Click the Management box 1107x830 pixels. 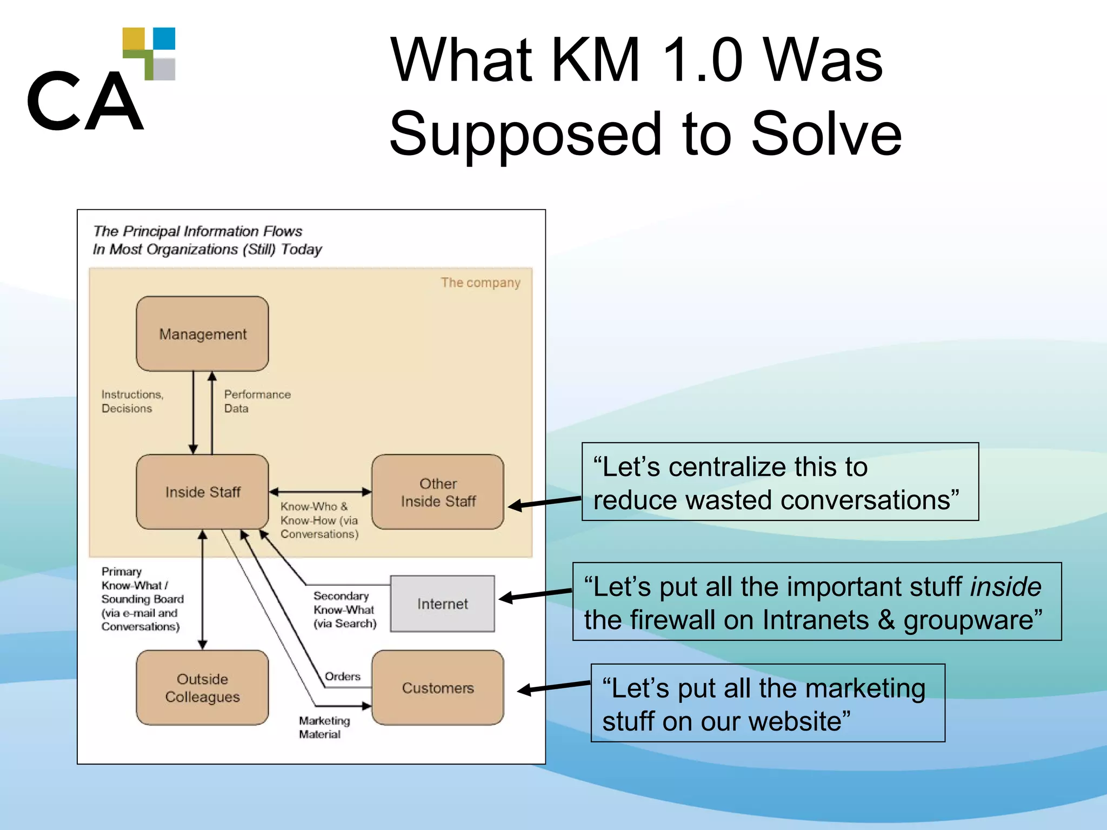(x=202, y=333)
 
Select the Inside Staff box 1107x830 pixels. (x=202, y=492)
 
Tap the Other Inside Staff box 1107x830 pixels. (x=438, y=492)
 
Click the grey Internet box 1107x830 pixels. (x=442, y=604)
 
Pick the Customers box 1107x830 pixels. (x=438, y=687)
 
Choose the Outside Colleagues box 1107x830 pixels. (x=202, y=687)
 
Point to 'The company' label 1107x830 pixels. (x=480, y=283)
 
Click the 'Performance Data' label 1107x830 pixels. (x=257, y=401)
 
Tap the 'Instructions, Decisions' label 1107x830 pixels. (x=132, y=401)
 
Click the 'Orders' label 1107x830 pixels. (x=342, y=677)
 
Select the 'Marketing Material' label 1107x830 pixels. (x=324, y=727)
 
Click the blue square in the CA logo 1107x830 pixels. (x=164, y=38)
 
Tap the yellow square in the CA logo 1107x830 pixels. (x=134, y=38)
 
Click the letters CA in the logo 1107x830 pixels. (x=85, y=102)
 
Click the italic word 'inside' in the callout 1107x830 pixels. (x=1005, y=587)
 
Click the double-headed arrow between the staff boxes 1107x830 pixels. (x=320, y=492)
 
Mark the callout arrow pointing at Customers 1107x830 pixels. (x=554, y=687)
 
